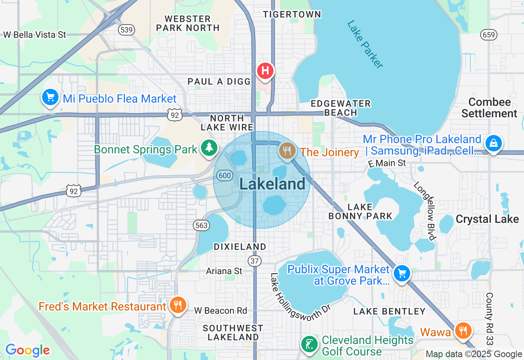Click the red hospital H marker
pyautogui.click(x=265, y=70)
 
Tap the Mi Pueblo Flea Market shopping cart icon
pyautogui.click(x=50, y=98)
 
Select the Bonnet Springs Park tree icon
pyautogui.click(x=209, y=148)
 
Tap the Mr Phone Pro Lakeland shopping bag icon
pyautogui.click(x=494, y=143)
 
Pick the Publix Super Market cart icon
pyautogui.click(x=402, y=273)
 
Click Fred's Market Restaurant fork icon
pyautogui.click(x=178, y=305)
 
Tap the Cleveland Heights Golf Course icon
pyautogui.click(x=310, y=344)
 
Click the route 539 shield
pyautogui.click(x=126, y=29)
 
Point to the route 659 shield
pyautogui.click(x=489, y=35)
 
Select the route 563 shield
pyautogui.click(x=201, y=225)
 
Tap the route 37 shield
pyautogui.click(x=254, y=260)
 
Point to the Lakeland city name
pyautogui.click(x=272, y=184)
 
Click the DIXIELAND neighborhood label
pyautogui.click(x=240, y=247)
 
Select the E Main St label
pyautogui.click(x=387, y=163)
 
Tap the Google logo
pyautogui.click(x=27, y=350)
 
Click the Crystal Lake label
pyautogui.click(x=487, y=219)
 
